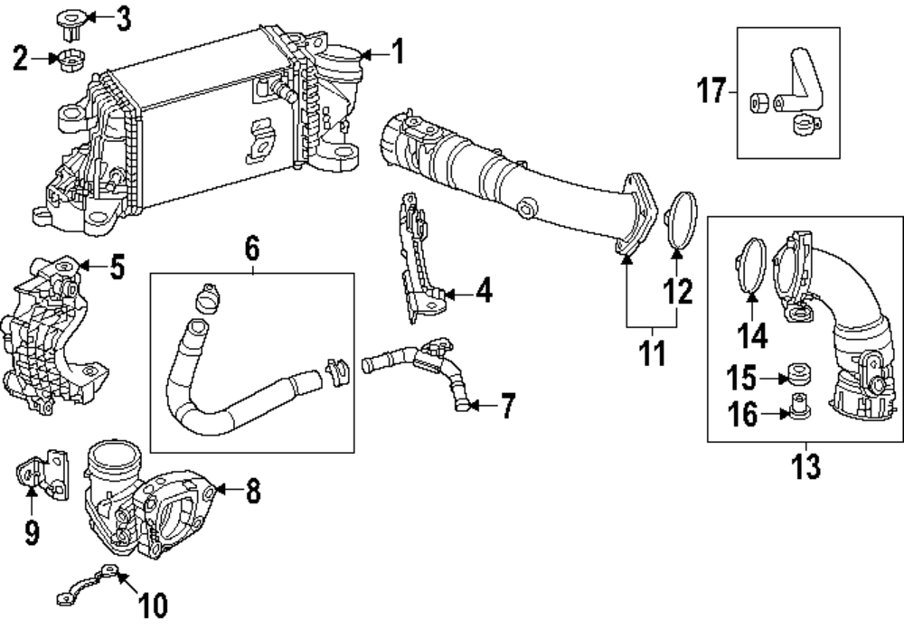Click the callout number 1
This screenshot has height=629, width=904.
click(398, 53)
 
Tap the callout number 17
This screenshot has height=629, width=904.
click(711, 90)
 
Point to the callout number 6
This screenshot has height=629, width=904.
click(251, 245)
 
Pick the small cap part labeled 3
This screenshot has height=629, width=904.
click(70, 22)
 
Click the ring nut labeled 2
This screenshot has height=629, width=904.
click(70, 61)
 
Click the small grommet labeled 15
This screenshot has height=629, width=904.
click(798, 376)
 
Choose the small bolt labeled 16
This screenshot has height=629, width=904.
click(796, 408)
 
